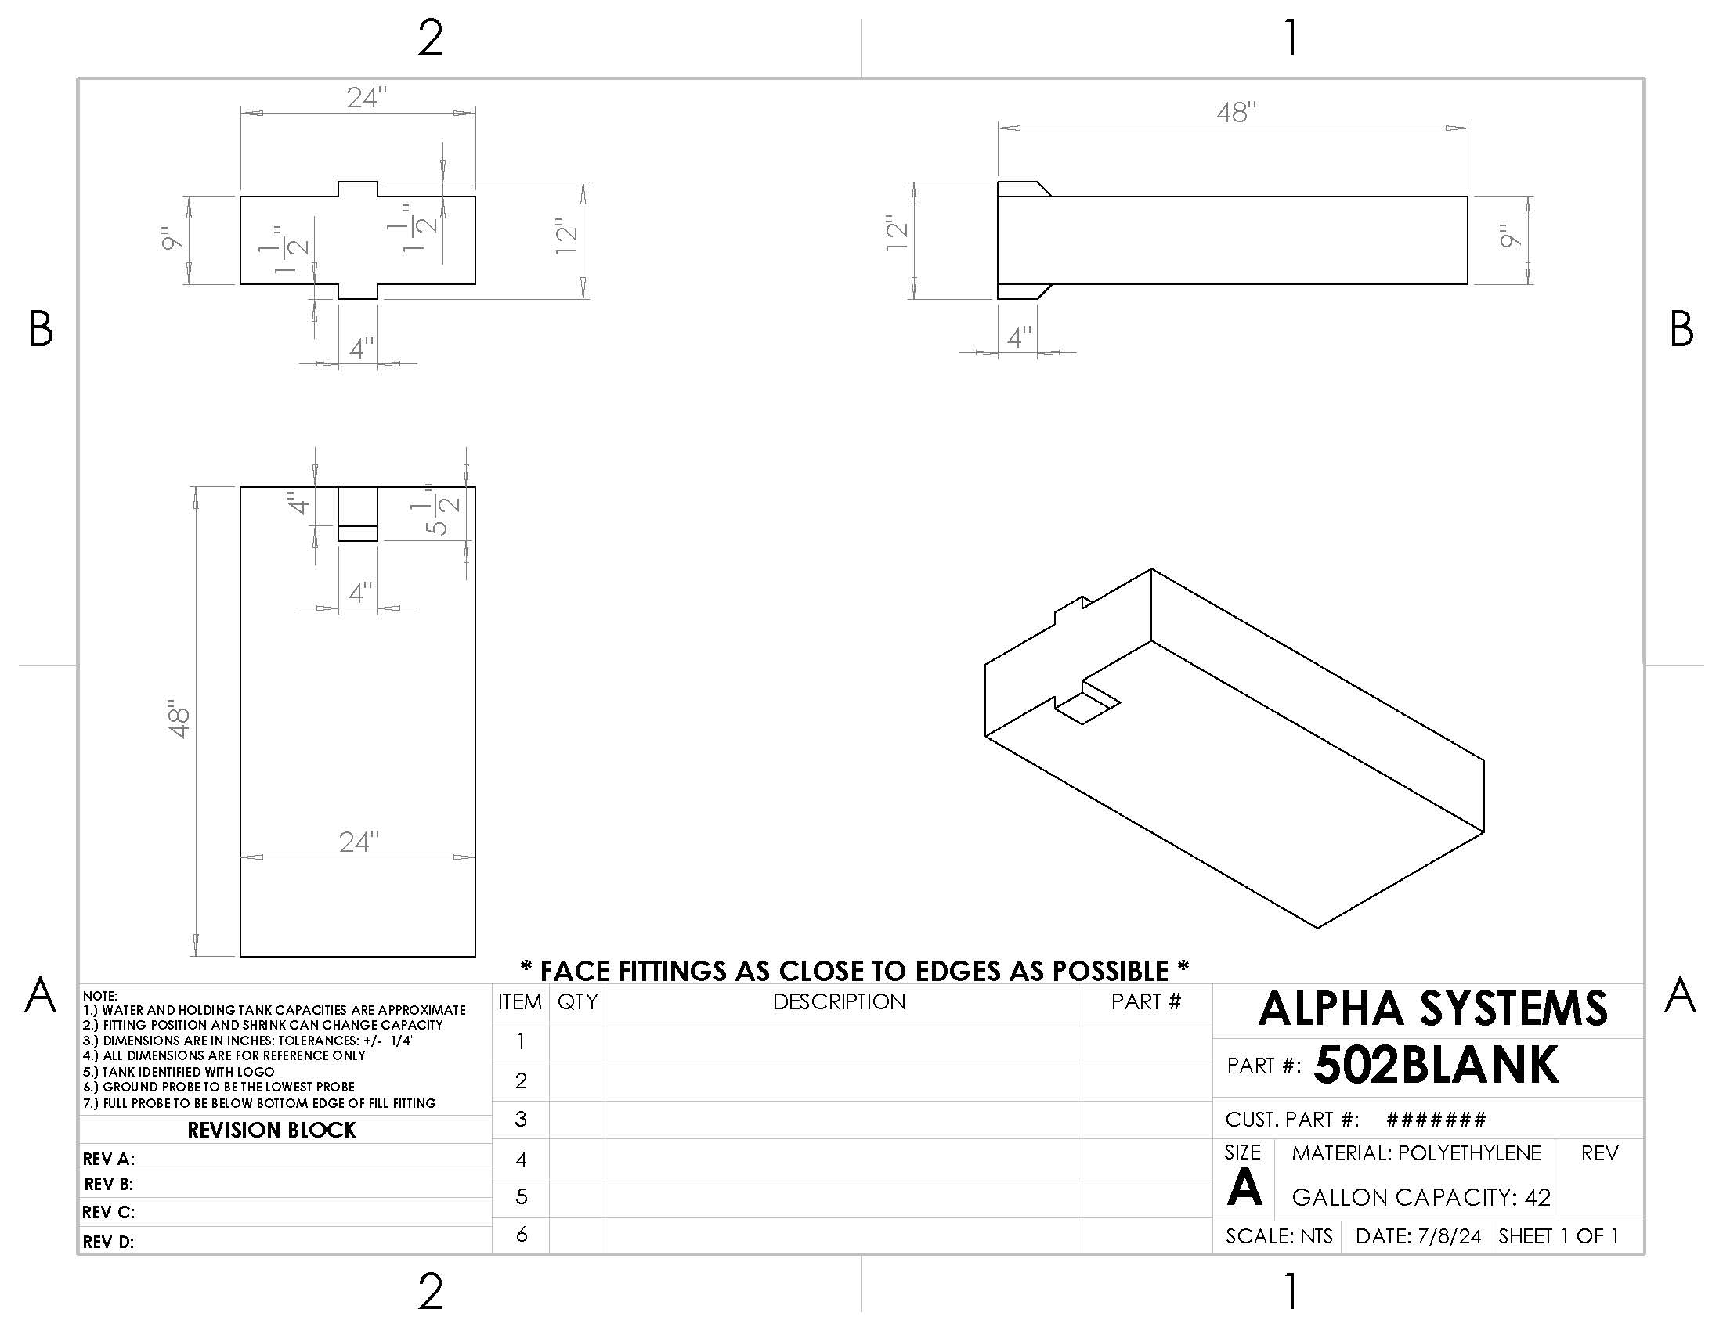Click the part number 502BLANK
1436,1066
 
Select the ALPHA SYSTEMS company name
1432,1008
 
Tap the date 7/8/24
1449,1235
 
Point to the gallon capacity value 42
1537,1197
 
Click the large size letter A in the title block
1244,1188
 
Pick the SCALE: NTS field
1278,1235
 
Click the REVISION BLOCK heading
272,1130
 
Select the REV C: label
108,1212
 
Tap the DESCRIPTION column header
839,1001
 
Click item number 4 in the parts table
521,1159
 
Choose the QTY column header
576,1001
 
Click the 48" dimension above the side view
1235,113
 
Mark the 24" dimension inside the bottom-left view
359,842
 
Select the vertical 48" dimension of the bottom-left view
179,718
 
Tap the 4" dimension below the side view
1018,338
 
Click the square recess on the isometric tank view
1087,705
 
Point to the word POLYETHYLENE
1468,1152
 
